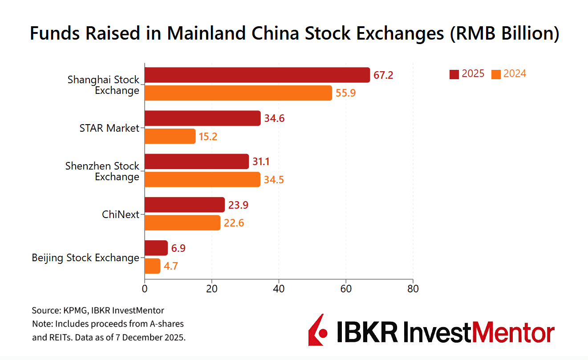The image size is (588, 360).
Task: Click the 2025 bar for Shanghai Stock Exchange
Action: (x=257, y=75)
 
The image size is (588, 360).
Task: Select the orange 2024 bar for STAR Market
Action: (x=170, y=136)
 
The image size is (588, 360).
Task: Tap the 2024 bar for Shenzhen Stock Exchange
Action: (x=203, y=179)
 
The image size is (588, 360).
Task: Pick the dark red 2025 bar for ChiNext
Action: (x=185, y=205)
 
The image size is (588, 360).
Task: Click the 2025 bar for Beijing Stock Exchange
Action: (x=156, y=248)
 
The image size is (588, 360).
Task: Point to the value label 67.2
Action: (x=383, y=75)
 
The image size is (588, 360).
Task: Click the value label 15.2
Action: (x=207, y=137)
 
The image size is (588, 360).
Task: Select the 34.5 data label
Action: (x=273, y=180)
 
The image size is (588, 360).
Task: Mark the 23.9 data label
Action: (x=238, y=205)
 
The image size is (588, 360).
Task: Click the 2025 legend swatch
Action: (x=454, y=74)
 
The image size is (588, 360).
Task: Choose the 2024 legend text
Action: (x=515, y=74)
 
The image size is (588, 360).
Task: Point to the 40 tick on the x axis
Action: (x=279, y=288)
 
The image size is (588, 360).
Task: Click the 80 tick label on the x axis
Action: (x=413, y=288)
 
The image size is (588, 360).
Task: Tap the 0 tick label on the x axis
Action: (x=145, y=288)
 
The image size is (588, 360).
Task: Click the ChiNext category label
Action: (x=120, y=214)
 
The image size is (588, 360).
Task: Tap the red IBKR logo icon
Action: (x=318, y=330)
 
